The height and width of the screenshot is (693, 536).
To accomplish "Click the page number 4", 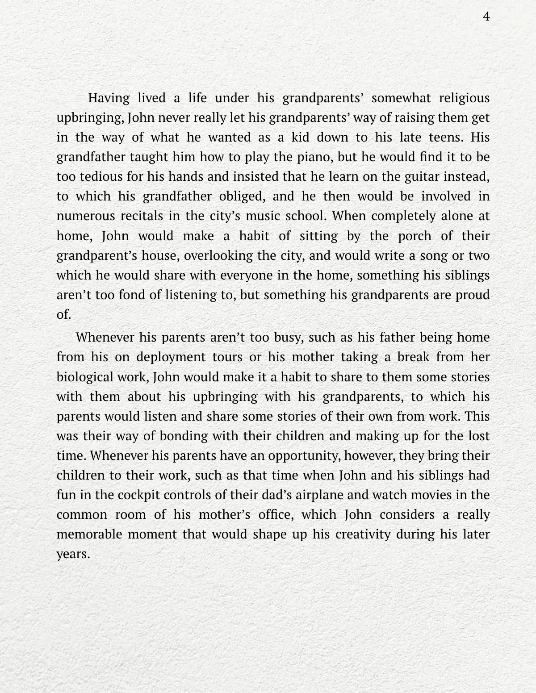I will point(486,17).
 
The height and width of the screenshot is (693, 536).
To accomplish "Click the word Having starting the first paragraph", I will point(109,98).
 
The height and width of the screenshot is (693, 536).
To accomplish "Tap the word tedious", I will point(96,177).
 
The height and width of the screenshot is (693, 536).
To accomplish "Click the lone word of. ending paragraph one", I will point(63,314).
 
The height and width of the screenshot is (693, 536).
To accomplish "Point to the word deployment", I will point(171,357).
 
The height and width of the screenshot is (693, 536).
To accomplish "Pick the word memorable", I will point(89,534).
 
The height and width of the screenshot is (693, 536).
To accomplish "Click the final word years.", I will point(73,554).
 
